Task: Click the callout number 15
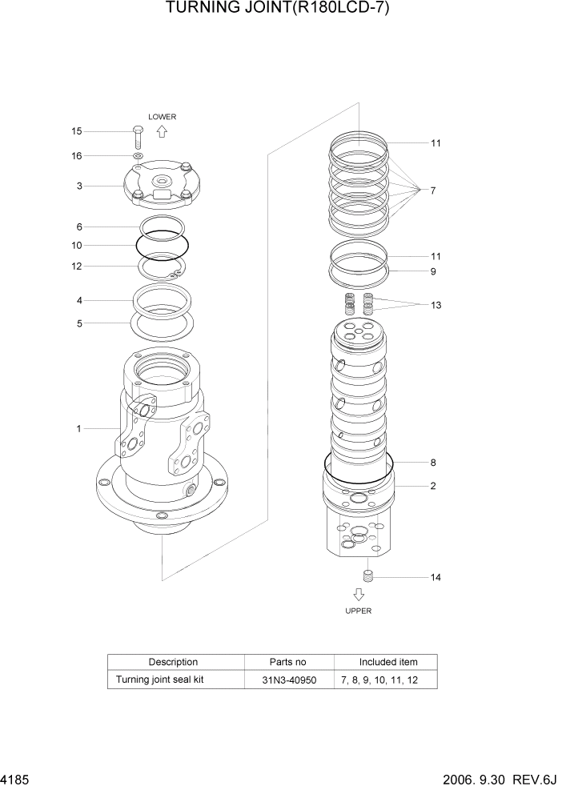click(x=77, y=131)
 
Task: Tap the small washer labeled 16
click(x=138, y=155)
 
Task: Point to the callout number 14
click(x=436, y=576)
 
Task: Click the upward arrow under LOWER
click(x=162, y=132)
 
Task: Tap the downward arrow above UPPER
click(x=359, y=594)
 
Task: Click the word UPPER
click(x=359, y=610)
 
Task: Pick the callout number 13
click(x=436, y=305)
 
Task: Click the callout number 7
click(x=432, y=190)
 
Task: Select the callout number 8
click(x=432, y=463)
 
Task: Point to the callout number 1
click(x=78, y=428)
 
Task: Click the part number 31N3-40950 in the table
click(x=288, y=680)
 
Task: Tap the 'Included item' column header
click(x=388, y=662)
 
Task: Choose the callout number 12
click(x=77, y=266)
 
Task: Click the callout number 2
click(x=432, y=486)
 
